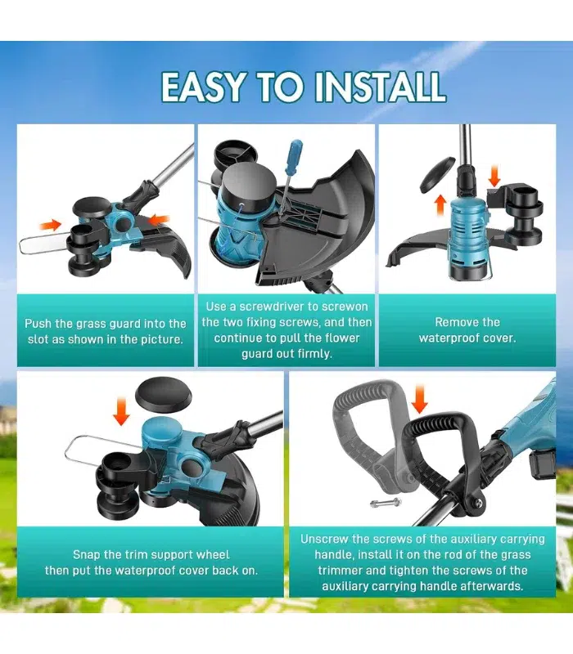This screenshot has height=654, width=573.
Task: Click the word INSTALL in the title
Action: [x=379, y=87]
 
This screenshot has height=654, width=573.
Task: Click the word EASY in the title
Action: [x=202, y=87]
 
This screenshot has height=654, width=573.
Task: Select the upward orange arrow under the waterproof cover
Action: [x=440, y=205]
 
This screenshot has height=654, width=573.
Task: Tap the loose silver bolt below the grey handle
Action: [x=385, y=503]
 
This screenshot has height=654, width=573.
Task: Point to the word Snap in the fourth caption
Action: [x=87, y=555]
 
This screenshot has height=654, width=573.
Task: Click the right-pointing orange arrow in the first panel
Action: [x=51, y=226]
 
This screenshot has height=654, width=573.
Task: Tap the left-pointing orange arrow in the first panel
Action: [x=160, y=219]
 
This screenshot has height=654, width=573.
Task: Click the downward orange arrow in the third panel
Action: [x=494, y=176]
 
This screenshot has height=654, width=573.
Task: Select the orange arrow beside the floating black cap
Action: [x=121, y=411]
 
